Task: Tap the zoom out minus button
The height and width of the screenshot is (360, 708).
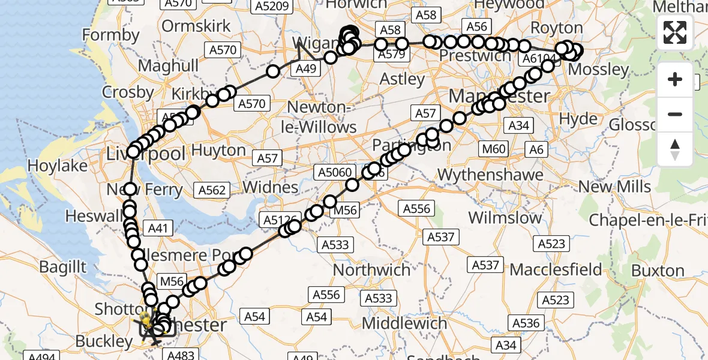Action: tap(675, 114)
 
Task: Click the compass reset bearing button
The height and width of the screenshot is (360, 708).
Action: tap(675, 149)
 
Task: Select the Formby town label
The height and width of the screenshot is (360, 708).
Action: tap(110, 35)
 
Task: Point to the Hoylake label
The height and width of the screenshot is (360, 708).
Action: tap(58, 166)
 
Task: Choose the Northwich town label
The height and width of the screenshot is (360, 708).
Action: tap(372, 270)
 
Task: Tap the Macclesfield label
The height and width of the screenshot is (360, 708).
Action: tap(556, 269)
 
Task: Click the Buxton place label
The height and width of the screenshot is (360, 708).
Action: tap(658, 271)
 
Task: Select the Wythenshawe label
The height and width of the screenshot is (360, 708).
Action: tap(491, 175)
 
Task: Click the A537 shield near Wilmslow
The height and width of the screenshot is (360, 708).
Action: tap(441, 237)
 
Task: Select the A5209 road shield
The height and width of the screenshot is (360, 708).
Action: tap(272, 7)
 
